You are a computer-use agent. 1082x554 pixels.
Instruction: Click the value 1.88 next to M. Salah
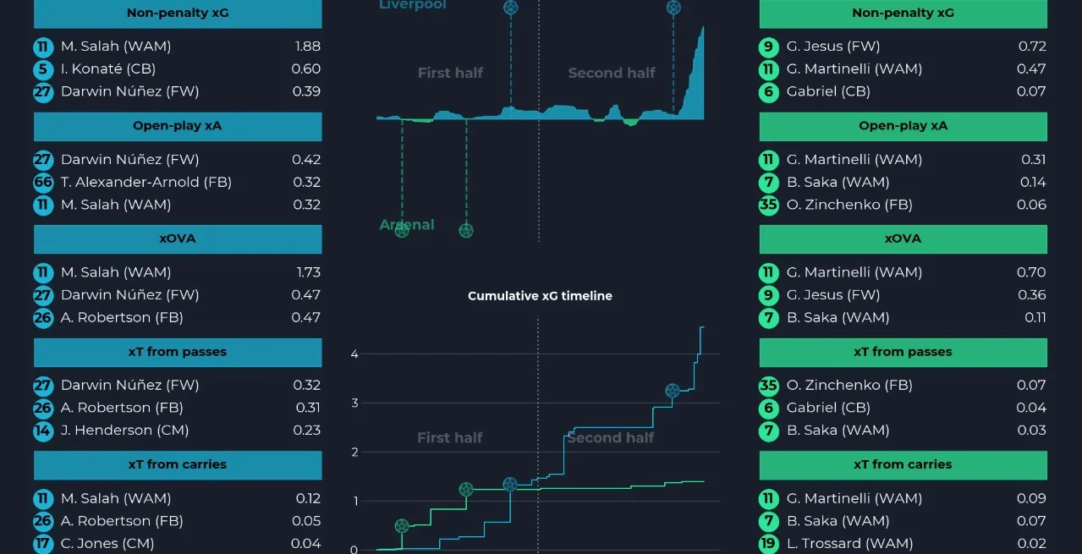click(x=305, y=47)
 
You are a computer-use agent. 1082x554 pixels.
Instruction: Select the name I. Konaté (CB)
click(x=107, y=69)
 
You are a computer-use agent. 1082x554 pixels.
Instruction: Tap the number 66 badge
click(x=43, y=182)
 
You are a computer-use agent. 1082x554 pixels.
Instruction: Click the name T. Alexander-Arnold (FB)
click(x=146, y=182)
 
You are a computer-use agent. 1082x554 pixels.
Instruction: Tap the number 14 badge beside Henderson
click(x=43, y=431)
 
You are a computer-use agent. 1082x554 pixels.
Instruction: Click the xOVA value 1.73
click(x=305, y=272)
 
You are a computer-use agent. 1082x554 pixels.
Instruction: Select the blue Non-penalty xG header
click(x=178, y=14)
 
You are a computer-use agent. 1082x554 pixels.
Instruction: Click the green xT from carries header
click(x=903, y=464)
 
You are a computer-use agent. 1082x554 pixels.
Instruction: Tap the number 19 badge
click(x=768, y=544)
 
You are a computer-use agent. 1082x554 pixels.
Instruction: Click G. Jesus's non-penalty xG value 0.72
click(x=1032, y=47)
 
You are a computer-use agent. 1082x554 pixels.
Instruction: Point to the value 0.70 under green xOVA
click(x=1031, y=272)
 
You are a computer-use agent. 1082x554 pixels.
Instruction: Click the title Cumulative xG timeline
click(x=540, y=296)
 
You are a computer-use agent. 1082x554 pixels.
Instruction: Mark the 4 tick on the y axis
click(x=354, y=354)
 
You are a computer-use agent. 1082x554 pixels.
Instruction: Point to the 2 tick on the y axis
click(x=354, y=453)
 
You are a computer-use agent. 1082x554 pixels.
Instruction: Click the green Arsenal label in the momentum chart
click(x=406, y=225)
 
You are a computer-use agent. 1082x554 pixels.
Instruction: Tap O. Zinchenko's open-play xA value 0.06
click(x=1031, y=205)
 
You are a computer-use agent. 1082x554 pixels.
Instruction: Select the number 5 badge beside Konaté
click(x=43, y=69)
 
